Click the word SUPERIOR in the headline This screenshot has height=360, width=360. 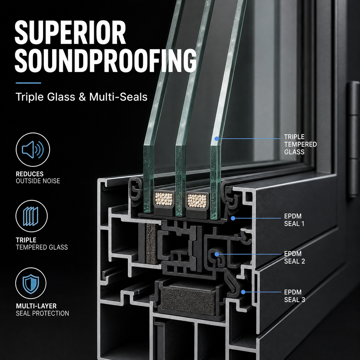tap(70, 33)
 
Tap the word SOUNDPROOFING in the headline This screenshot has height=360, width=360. tap(106, 60)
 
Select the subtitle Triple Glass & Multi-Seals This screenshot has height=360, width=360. tap(81, 97)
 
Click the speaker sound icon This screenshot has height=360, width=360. tap(33, 150)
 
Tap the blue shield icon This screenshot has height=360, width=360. tap(31, 284)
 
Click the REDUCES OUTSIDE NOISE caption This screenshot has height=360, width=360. tap(38, 177)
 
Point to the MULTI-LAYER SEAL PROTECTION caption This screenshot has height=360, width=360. tap(42, 309)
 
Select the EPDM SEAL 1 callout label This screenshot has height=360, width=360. tap(294, 220)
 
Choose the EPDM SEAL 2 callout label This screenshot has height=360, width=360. tap(294, 257)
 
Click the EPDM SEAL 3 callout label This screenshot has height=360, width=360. tap(295, 296)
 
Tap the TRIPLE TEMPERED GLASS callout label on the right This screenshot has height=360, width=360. tap(300, 144)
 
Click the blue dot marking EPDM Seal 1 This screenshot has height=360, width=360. tap(233, 218)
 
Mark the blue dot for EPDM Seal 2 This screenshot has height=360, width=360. tap(216, 254)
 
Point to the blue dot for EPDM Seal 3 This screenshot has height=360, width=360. tap(243, 292)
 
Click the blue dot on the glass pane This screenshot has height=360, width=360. tap(216, 139)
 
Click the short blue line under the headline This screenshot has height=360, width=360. tap(28, 83)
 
